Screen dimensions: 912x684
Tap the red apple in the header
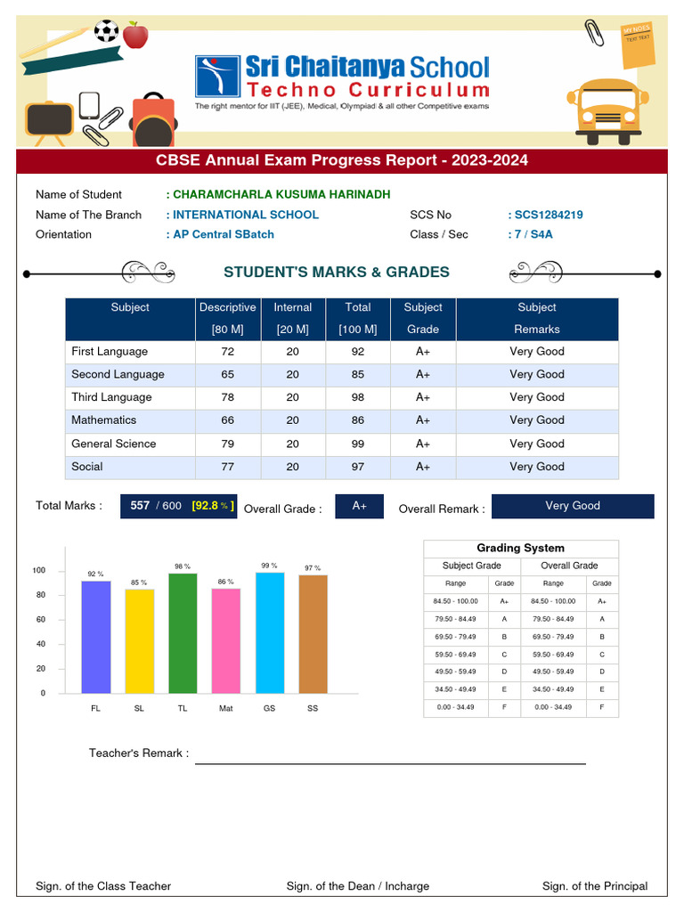click(x=135, y=35)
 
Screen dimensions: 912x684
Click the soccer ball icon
click(x=106, y=31)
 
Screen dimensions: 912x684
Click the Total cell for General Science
click(x=357, y=444)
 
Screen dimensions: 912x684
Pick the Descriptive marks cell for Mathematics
click(x=227, y=420)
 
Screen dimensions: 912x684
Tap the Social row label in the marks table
click(x=87, y=467)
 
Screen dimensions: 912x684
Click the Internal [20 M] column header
click(x=292, y=318)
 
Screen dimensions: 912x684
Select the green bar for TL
click(x=183, y=633)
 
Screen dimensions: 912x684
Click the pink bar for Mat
click(x=225, y=640)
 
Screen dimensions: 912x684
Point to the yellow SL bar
click(x=139, y=640)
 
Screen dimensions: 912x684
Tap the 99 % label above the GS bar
click(x=269, y=566)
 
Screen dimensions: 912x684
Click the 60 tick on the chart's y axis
click(x=39, y=620)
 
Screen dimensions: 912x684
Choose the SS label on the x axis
click(x=313, y=708)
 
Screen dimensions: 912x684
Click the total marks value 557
click(x=140, y=506)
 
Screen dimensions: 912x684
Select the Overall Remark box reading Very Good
click(x=573, y=506)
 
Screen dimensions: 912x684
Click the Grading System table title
click(x=520, y=549)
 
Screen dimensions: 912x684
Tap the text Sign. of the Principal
click(x=595, y=886)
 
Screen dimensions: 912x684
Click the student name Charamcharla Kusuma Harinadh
click(x=281, y=194)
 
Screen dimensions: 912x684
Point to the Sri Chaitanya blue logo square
click(x=217, y=77)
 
